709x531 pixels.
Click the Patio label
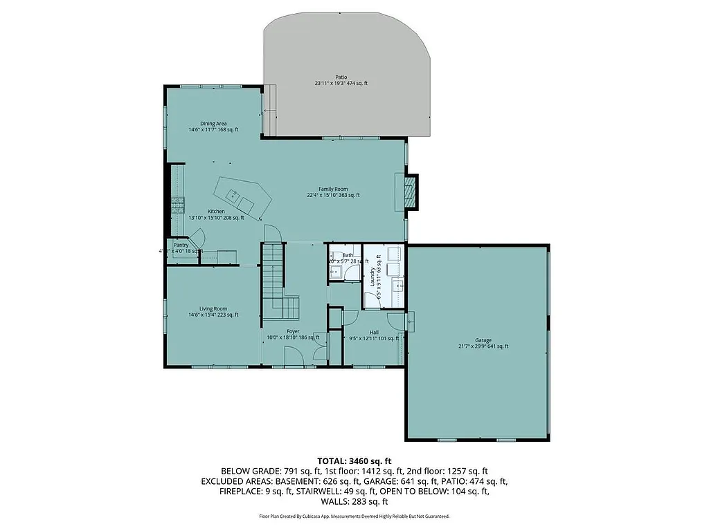coord(341,77)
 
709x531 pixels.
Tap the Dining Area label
coord(213,124)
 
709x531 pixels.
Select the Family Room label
coord(333,189)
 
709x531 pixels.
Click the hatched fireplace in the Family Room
coord(411,190)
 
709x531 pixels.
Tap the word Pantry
coord(181,245)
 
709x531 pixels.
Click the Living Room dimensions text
coord(213,315)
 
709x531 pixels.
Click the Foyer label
coord(293,331)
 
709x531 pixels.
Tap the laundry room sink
coord(397,285)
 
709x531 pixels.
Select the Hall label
coord(374,332)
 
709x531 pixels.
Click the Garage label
coord(483,340)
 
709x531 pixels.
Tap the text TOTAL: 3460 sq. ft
coord(354,460)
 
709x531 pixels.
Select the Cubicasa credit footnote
coord(354,516)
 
